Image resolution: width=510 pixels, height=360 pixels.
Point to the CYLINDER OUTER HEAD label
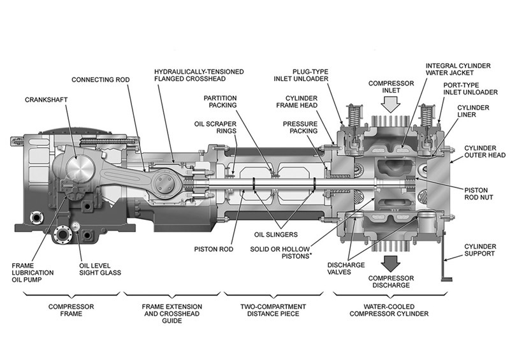484,150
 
